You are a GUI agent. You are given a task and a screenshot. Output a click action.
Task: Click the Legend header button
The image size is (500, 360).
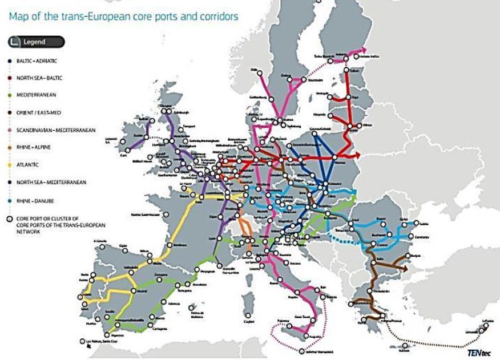point(36,42)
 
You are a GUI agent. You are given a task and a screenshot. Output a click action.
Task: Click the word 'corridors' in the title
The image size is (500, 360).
point(215,17)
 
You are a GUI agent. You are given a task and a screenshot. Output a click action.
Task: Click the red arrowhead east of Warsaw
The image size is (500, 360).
point(357,154)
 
